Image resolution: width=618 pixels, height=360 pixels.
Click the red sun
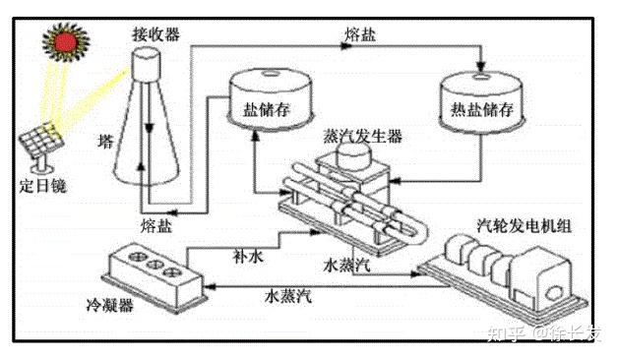click(65, 41)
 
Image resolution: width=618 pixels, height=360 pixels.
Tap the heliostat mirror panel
click(41, 140)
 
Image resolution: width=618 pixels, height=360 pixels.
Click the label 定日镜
click(43, 186)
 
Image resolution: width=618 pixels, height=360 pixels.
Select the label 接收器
click(156, 34)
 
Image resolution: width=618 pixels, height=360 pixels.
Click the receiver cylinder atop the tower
click(146, 64)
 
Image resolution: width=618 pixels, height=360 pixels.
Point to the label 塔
click(105, 141)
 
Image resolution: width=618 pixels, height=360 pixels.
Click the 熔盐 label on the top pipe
click(360, 34)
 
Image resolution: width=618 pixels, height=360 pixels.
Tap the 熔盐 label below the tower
click(156, 226)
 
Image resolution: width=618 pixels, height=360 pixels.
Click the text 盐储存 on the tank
click(267, 109)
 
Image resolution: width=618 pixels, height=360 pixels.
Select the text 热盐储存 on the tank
click(482, 109)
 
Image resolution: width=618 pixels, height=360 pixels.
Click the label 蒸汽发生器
click(362, 137)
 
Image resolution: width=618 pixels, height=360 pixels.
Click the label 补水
click(248, 257)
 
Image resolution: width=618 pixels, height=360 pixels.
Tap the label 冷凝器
click(110, 305)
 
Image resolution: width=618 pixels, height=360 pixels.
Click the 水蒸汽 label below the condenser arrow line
click(288, 296)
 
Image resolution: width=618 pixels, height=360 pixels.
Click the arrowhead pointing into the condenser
click(210, 286)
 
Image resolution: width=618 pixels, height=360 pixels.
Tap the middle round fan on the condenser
click(154, 265)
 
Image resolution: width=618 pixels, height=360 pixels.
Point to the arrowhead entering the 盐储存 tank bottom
click(256, 136)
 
